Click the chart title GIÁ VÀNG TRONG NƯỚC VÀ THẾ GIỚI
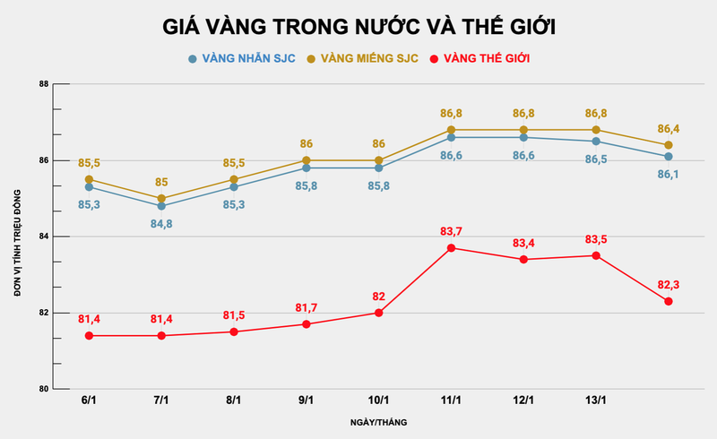pos(358,27)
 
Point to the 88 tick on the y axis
pos(43,84)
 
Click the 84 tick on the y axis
pos(43,237)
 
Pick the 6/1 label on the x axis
pos(89,400)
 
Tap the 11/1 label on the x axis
pos(451,400)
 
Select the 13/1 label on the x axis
pos(596,400)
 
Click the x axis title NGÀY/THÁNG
pos(375,420)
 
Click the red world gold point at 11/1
pos(451,248)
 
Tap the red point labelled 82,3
pos(669,301)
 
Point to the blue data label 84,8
pos(161,222)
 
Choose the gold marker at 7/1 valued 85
pos(161,199)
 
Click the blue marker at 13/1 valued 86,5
pos(596,142)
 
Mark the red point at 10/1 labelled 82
pos(378,313)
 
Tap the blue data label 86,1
pos(669,175)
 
